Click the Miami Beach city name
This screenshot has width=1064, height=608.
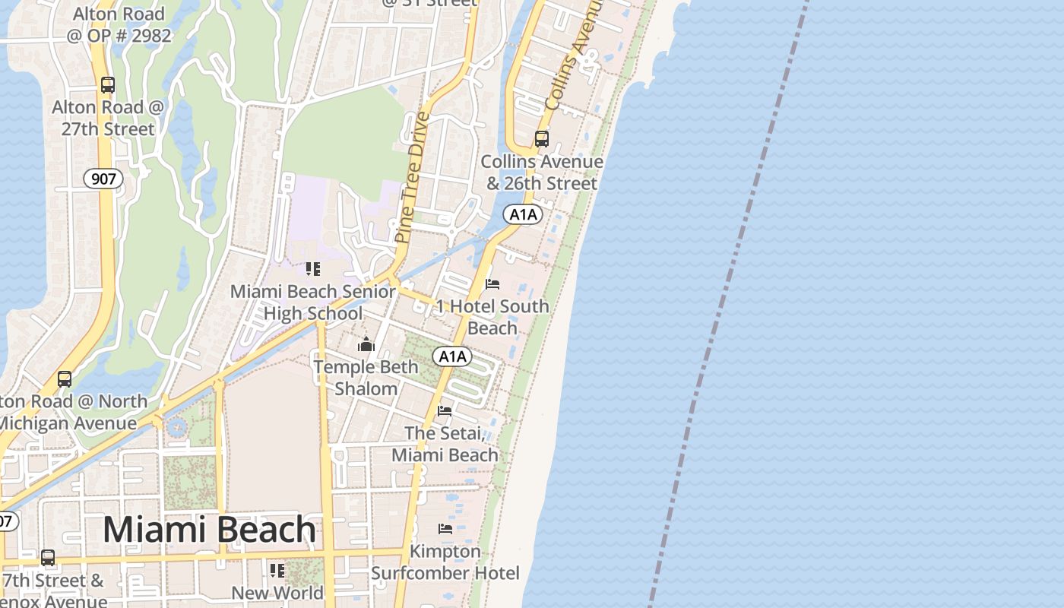tap(209, 530)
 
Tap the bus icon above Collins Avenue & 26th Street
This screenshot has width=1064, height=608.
tap(542, 139)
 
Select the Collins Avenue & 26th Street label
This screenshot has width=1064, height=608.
tap(542, 173)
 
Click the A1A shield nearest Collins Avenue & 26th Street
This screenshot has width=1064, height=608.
tap(523, 214)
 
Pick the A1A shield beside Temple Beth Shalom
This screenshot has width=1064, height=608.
tap(452, 356)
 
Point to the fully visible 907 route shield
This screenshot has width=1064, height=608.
tap(103, 179)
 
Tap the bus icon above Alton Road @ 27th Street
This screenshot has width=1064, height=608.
tap(108, 85)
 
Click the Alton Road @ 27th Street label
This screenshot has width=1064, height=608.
tap(108, 118)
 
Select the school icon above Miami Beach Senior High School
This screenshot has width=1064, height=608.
tap(312, 269)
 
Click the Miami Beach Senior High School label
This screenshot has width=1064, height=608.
tap(312, 302)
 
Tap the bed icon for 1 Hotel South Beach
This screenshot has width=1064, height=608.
tap(492, 284)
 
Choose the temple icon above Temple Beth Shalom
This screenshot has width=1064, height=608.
tap(366, 344)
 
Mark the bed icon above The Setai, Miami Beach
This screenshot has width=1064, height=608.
tap(445, 411)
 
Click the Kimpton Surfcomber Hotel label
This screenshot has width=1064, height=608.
tap(445, 562)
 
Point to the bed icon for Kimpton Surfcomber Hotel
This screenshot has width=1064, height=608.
tap(445, 528)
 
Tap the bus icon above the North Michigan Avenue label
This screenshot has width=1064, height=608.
tap(65, 378)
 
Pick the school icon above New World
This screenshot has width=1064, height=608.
tap(277, 570)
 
